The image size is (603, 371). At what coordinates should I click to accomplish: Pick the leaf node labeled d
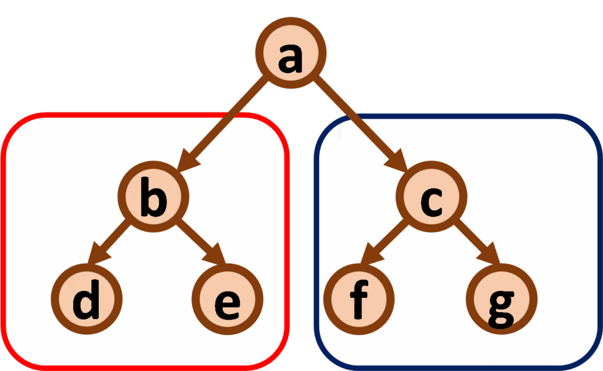(87, 300)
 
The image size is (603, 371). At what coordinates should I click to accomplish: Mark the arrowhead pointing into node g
(492, 259)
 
